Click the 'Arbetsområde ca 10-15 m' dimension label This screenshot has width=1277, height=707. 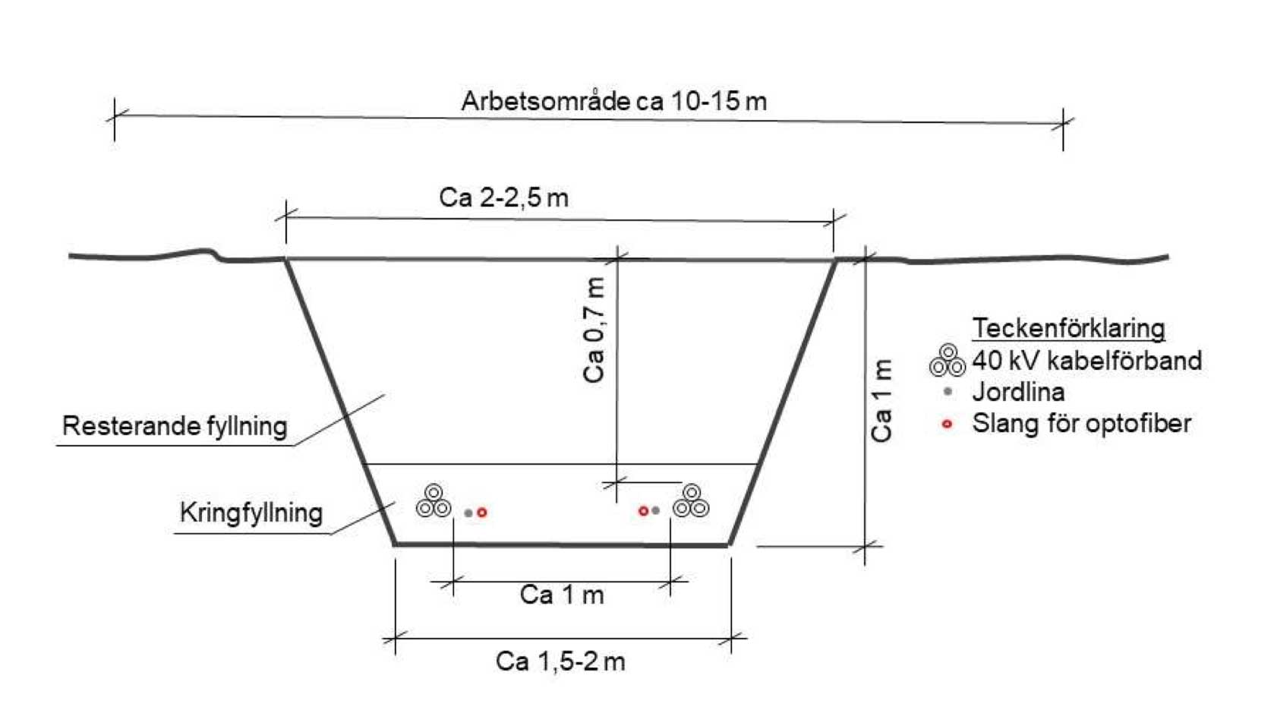(x=613, y=102)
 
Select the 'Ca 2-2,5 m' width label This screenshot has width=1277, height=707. (x=503, y=198)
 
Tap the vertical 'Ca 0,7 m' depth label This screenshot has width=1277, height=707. (x=594, y=330)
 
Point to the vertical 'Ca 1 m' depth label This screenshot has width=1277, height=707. (x=882, y=400)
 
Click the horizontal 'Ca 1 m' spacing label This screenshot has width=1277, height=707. (x=562, y=595)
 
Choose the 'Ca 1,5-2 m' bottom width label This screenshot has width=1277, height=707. (x=560, y=661)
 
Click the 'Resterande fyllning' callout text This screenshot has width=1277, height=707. (x=175, y=426)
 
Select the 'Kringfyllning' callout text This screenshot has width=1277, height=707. (x=251, y=513)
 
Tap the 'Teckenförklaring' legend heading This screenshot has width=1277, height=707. (x=1068, y=328)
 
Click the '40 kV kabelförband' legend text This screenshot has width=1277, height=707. (x=1087, y=361)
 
